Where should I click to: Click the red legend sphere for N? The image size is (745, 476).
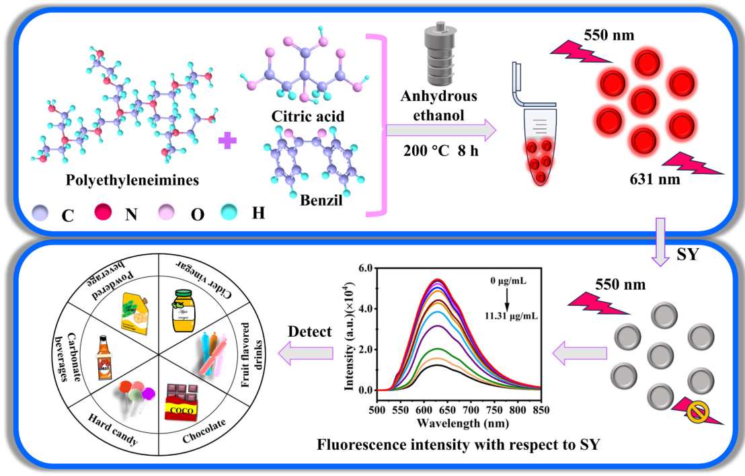click(x=104, y=214)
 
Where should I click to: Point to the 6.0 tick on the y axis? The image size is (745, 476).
click(x=365, y=267)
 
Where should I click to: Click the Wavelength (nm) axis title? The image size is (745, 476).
click(x=457, y=424)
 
